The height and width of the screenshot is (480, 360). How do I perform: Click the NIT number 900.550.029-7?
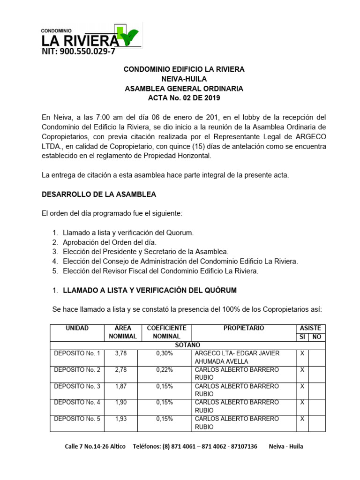click(78, 52)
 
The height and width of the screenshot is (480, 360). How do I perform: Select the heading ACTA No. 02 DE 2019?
click(184, 98)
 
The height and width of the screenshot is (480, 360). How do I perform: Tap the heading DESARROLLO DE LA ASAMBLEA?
click(99, 194)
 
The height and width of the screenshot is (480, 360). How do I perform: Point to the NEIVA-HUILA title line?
click(184, 79)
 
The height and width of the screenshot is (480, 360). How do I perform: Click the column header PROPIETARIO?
click(243, 328)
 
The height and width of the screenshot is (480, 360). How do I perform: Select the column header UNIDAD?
click(77, 328)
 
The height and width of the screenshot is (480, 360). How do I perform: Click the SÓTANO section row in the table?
click(187, 345)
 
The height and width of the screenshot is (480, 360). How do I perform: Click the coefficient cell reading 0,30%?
click(165, 353)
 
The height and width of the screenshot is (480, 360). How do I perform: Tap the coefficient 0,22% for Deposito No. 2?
click(165, 369)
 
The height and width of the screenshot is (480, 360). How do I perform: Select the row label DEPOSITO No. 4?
click(77, 402)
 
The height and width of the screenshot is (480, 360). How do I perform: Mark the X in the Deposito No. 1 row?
click(302, 353)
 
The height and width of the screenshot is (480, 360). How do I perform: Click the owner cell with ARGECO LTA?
click(237, 357)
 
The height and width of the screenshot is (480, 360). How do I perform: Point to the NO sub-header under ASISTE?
click(317, 337)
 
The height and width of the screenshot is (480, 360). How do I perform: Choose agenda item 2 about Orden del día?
click(109, 242)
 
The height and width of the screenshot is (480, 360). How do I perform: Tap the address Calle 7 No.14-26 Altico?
click(95, 446)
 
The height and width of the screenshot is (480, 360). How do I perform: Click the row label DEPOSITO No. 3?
click(77, 386)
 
